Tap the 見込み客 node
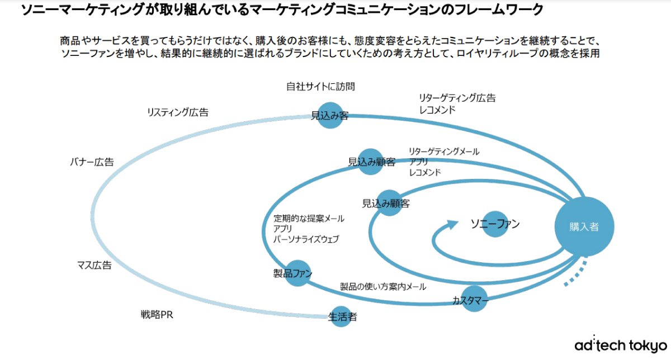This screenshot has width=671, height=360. point(330,115)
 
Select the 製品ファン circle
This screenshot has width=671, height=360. point(297,273)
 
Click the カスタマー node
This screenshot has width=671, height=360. point(475,300)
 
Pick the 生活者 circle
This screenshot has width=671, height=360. point(342,317)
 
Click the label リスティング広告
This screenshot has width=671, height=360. point(178,112)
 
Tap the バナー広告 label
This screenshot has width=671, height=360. point(92,162)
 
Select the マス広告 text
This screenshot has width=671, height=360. point(94,265)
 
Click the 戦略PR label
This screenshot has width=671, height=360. point(157,315)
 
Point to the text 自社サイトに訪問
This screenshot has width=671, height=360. point(320,87)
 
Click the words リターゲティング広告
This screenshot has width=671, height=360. point(457,98)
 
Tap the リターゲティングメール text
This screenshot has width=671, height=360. point(444,151)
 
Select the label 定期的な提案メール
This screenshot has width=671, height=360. point(309,219)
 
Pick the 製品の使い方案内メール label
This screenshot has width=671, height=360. point(383,287)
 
